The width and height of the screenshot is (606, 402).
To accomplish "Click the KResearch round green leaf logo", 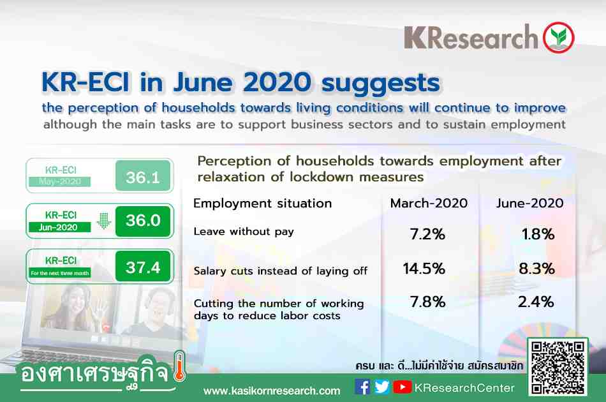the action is pyautogui.click(x=558, y=38).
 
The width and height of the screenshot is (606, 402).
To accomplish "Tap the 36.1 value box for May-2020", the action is pyautogui.click(x=143, y=176).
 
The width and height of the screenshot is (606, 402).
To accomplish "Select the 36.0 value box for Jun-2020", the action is pyautogui.click(x=143, y=221).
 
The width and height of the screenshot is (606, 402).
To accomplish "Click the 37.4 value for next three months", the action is pyautogui.click(x=143, y=267).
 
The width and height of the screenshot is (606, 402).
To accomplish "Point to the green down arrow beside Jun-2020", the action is pyautogui.click(x=103, y=221).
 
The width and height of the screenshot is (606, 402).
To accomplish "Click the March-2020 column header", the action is pyautogui.click(x=429, y=204).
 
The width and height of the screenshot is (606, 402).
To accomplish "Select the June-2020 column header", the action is pyautogui.click(x=529, y=204).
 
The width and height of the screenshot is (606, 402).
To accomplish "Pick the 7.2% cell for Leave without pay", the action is pyautogui.click(x=427, y=234).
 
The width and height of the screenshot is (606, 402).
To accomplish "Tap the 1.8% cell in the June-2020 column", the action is pyautogui.click(x=538, y=234).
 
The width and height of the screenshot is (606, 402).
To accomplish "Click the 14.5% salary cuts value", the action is pyautogui.click(x=424, y=269).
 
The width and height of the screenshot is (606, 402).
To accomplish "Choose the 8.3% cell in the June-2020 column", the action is pyautogui.click(x=536, y=269).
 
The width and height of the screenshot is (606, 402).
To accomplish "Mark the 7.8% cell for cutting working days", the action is pyautogui.click(x=427, y=302).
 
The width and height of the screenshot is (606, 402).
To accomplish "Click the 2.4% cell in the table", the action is pyautogui.click(x=536, y=302).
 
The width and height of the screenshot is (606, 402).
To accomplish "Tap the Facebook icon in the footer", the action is pyautogui.click(x=362, y=387).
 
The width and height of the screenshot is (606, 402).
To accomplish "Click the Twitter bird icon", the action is pyautogui.click(x=382, y=387).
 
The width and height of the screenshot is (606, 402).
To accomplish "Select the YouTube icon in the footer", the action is pyautogui.click(x=403, y=387).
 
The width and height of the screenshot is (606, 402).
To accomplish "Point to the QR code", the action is pyautogui.click(x=558, y=368).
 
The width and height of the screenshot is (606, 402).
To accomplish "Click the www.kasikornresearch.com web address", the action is pyautogui.click(x=272, y=391).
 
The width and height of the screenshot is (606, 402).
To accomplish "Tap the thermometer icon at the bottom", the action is pyautogui.click(x=179, y=367).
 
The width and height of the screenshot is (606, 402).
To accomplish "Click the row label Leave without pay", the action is pyautogui.click(x=244, y=232).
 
